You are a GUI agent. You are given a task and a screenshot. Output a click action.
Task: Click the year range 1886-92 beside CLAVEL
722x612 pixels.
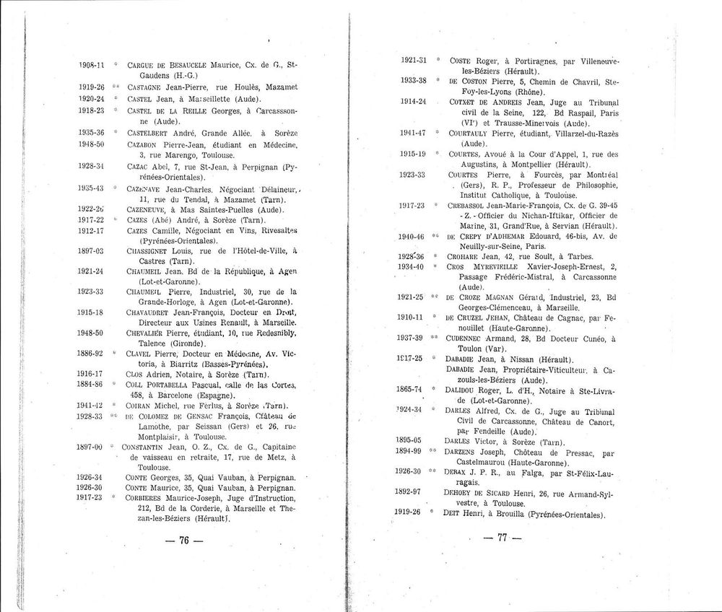(91, 354)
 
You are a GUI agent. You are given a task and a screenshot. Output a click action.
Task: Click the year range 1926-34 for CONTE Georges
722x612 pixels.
(91, 477)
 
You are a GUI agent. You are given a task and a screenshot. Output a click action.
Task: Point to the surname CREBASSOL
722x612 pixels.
(475, 205)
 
